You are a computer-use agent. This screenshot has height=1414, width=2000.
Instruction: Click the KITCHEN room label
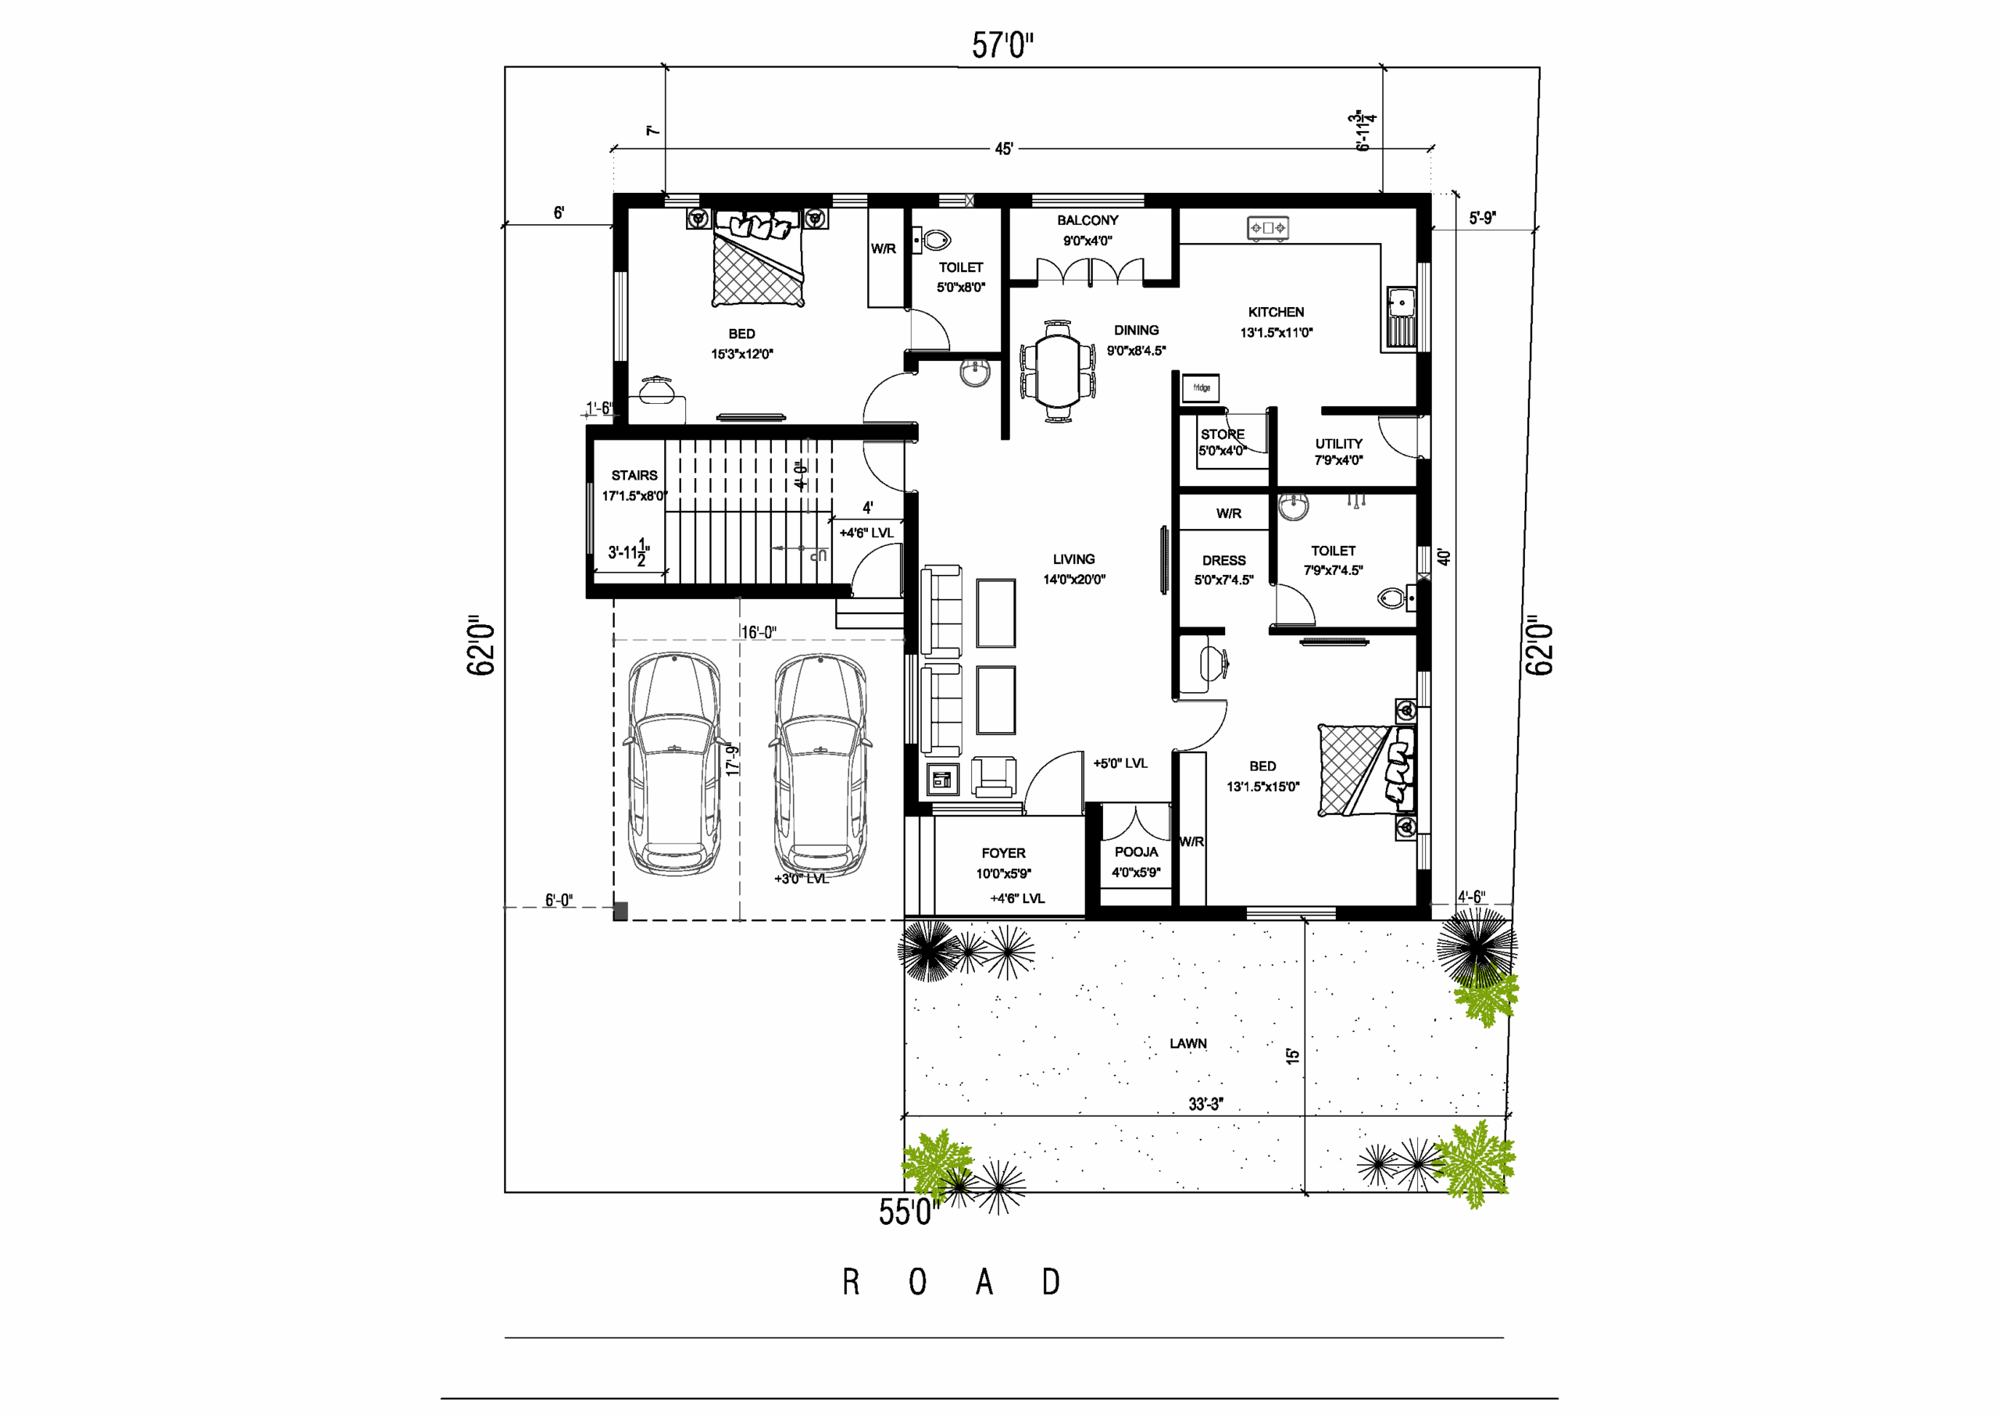1275,312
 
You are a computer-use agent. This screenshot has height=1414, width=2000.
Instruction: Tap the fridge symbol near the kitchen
1200,387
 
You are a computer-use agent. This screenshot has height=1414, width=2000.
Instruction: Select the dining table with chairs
1058,372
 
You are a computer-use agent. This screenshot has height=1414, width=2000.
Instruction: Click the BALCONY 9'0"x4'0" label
1087,230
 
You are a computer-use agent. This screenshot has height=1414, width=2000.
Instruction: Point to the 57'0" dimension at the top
1002,45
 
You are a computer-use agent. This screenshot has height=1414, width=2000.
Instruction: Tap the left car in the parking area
674,764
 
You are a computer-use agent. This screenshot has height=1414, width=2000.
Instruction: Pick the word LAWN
1188,1043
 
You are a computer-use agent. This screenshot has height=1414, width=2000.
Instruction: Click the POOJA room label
1136,852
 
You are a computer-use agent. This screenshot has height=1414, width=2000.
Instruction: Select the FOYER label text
1003,853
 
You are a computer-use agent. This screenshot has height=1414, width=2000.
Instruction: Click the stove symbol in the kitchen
1267,228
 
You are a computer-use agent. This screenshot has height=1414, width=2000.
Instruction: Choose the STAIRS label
634,476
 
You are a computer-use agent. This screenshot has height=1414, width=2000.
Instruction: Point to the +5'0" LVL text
1120,763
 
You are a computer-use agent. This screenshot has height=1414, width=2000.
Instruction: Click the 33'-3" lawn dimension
1205,1104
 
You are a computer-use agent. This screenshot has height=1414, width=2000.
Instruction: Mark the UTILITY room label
1339,444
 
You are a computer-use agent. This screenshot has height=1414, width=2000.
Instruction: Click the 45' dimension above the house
1003,149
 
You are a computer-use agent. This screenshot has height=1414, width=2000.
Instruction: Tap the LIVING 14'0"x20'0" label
1074,569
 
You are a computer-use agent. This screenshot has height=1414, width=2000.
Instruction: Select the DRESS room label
1224,560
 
